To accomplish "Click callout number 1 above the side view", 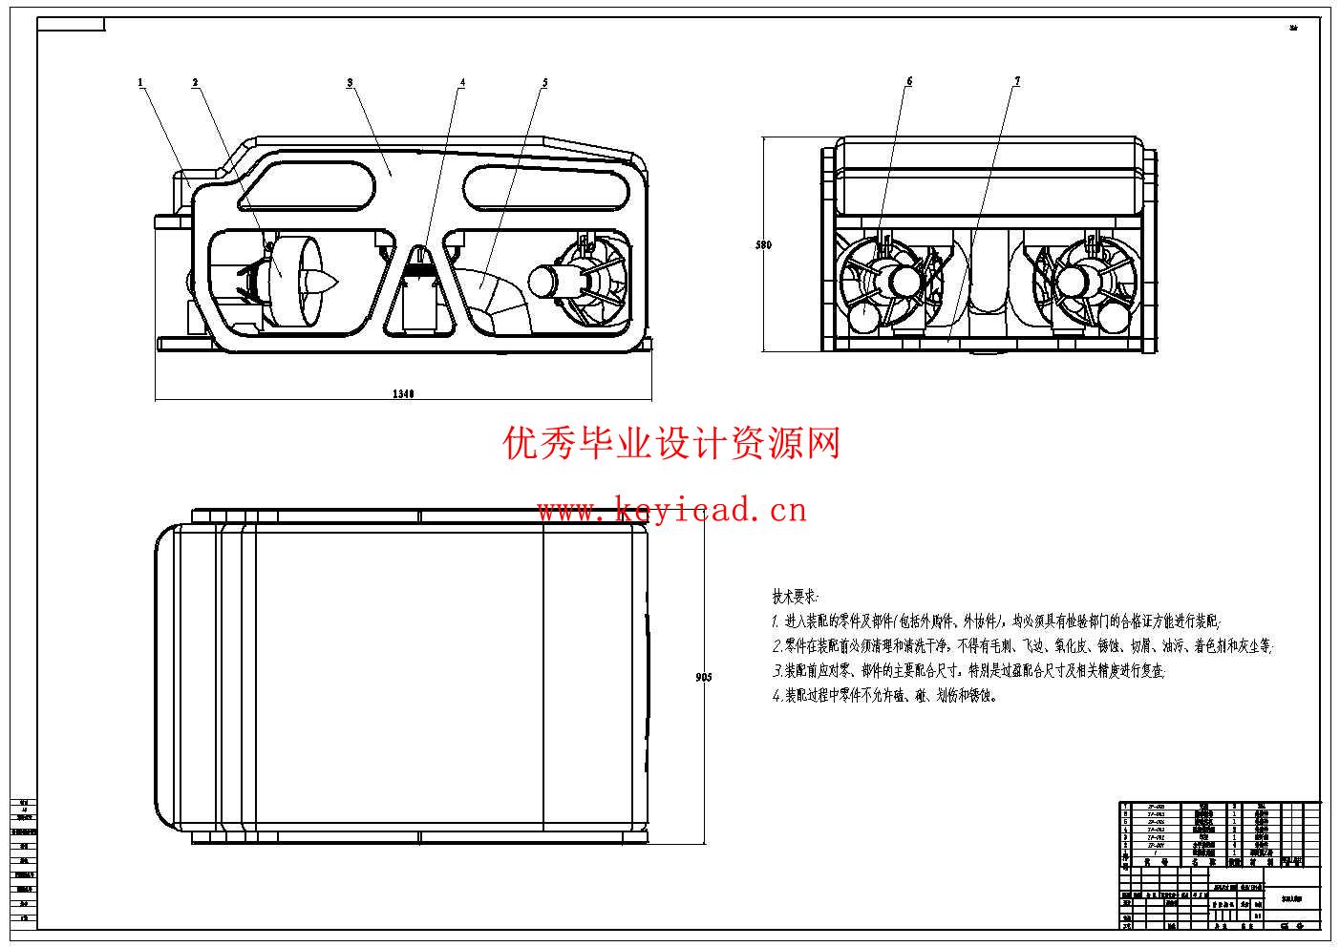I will click(x=140, y=82).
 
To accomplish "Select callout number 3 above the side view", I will click(x=350, y=82).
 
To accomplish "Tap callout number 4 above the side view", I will click(x=462, y=82).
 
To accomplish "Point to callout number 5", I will click(x=545, y=82).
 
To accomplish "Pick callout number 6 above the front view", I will click(x=909, y=81).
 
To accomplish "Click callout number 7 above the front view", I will click(x=1017, y=81).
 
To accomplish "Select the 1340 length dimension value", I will click(x=403, y=393).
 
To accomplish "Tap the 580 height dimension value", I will click(x=763, y=245).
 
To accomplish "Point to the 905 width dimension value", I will click(x=704, y=677).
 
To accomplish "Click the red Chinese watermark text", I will click(x=671, y=443).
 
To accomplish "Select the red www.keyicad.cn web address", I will click(x=671, y=511).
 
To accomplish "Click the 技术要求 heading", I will click(x=795, y=597).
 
